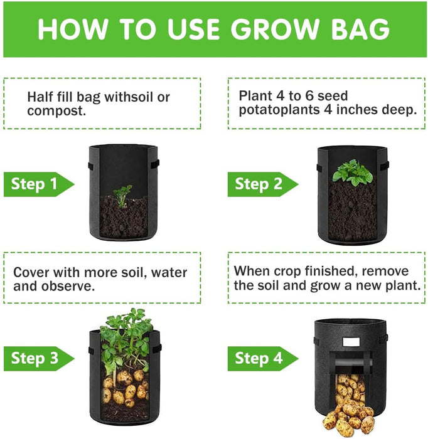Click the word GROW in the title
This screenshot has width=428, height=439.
coord(275,29)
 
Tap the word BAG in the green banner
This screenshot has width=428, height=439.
coord(360,29)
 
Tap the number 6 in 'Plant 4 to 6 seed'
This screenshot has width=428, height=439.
coord(309,96)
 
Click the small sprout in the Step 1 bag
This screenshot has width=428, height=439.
coord(122,195)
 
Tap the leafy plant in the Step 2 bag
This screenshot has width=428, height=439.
coord(353,173)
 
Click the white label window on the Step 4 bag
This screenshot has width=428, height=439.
coord(351,342)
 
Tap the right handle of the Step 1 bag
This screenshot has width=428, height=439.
coord(155,164)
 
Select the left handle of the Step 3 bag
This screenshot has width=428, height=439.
coord(92,351)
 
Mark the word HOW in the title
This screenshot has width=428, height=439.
coord(72,29)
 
